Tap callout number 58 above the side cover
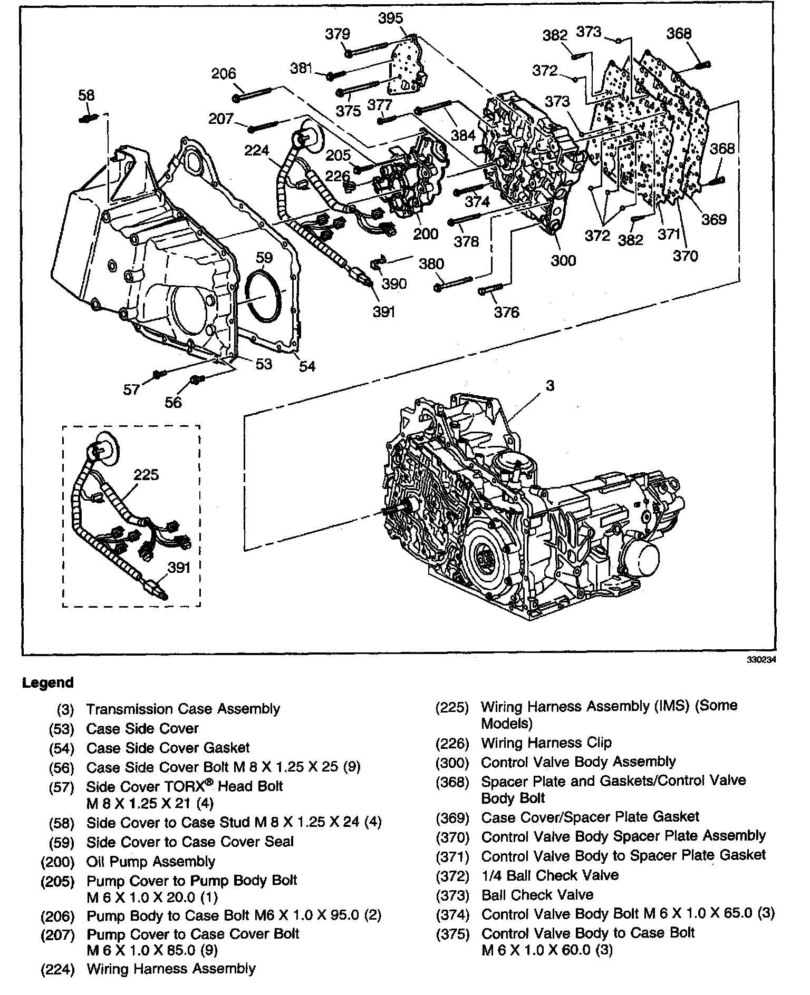tap(86, 95)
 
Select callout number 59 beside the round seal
tap(264, 257)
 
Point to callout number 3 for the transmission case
tap(550, 386)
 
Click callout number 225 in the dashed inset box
tap(146, 475)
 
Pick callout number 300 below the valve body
tap(563, 260)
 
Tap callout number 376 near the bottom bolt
tap(506, 312)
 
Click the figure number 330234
tap(763, 659)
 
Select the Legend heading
tap(47, 683)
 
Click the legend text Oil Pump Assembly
tap(151, 862)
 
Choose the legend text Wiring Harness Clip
tap(546, 743)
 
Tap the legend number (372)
tap(452, 876)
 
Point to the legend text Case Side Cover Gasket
tap(168, 748)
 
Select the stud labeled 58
tap(88, 119)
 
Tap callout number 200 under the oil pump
tap(425, 233)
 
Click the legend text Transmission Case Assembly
tap(183, 709)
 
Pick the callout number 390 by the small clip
tap(394, 284)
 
